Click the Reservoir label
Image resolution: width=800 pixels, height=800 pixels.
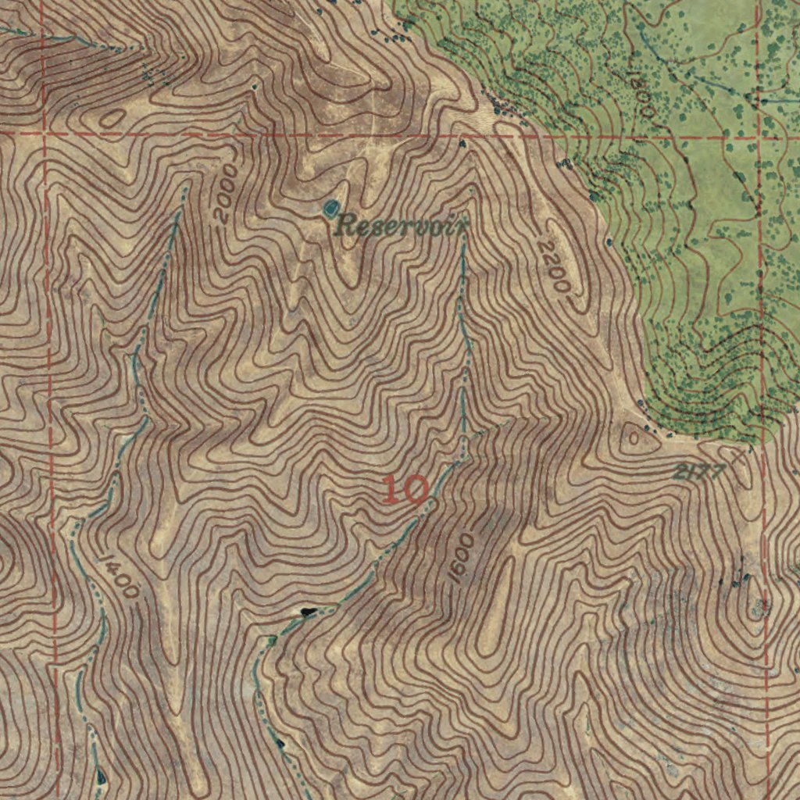click(401, 227)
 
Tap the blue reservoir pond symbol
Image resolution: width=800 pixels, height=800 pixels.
click(330, 207)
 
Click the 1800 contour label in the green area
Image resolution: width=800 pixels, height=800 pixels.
click(642, 95)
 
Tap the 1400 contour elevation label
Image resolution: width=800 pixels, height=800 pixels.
click(119, 577)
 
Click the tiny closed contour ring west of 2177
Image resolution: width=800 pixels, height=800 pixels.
click(634, 440)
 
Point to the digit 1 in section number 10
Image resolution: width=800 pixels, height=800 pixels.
click(392, 490)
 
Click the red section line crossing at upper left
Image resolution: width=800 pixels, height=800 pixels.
click(45, 134)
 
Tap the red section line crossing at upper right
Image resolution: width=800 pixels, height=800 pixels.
click(759, 137)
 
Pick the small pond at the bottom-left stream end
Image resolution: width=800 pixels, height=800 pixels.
click(101, 776)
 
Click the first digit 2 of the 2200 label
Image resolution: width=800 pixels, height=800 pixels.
click(545, 248)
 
